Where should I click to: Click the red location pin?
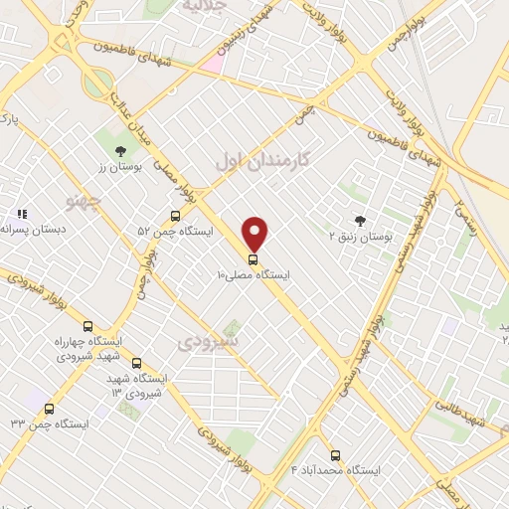[x=255, y=234]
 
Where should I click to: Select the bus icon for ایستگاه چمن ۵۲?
[x=175, y=216]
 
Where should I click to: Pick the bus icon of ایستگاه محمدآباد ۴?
[x=334, y=455]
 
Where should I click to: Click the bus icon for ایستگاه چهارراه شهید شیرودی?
[x=87, y=326]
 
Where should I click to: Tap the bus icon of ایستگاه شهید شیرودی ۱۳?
[x=136, y=363]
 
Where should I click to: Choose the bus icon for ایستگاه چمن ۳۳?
[x=49, y=409]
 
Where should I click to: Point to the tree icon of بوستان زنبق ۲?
[x=359, y=221]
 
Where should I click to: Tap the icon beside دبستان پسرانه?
[x=21, y=213]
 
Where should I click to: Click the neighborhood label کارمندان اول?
[x=262, y=160]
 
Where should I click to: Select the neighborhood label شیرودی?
[x=208, y=342]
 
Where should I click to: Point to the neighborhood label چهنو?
[x=84, y=201]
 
